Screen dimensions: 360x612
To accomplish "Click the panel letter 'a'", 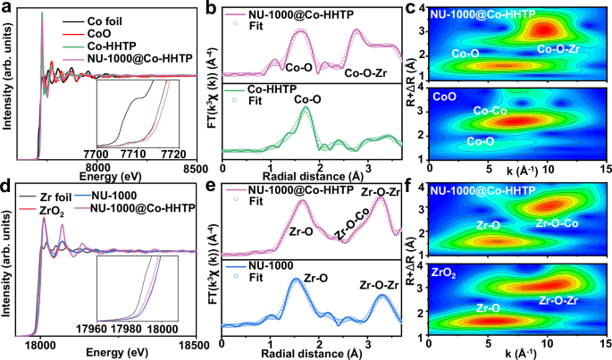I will (6, 8).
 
